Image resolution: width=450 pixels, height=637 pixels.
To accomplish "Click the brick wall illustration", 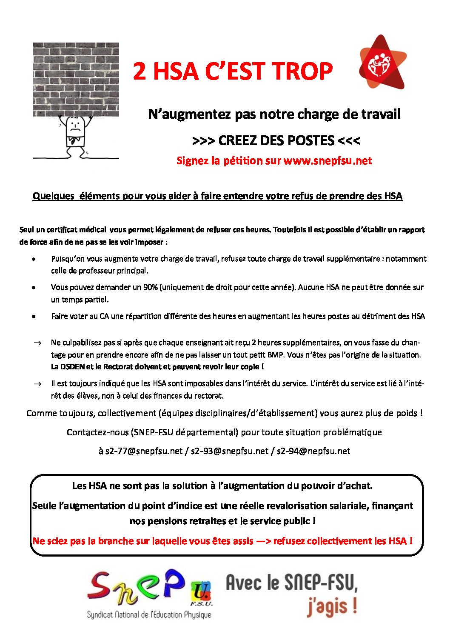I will [x=76, y=79].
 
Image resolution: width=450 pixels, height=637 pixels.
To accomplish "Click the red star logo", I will [x=382, y=63].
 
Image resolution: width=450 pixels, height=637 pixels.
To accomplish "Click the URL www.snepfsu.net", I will [x=328, y=161].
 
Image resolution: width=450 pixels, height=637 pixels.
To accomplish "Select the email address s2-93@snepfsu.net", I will [x=230, y=451].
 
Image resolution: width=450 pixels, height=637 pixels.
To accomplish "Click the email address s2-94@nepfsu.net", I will [x=313, y=451].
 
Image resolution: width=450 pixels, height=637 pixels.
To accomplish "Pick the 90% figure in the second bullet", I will [x=151, y=287].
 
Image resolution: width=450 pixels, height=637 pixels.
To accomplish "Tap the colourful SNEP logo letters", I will [x=136, y=587].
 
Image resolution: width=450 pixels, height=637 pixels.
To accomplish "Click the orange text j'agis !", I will [x=331, y=607].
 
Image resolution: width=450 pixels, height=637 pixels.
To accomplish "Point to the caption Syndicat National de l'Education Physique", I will [x=149, y=615].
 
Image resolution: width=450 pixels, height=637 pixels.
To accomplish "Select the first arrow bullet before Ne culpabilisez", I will [x=37, y=343].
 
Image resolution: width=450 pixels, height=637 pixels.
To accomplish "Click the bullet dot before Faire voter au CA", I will [x=34, y=317].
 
